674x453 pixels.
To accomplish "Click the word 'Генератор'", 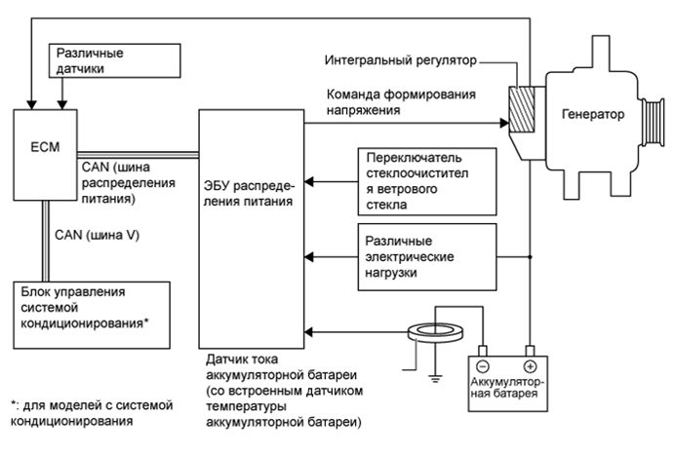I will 592,114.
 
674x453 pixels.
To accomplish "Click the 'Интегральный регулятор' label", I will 399,61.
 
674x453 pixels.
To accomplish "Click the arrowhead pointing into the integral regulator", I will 504,125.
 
